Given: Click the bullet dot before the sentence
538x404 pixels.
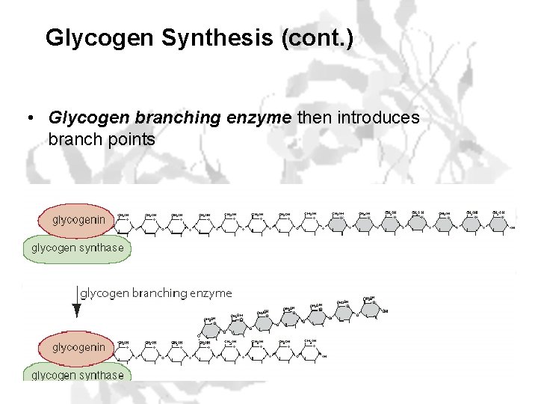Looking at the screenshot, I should (x=28, y=118).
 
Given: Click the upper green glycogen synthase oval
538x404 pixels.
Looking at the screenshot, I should (x=78, y=248).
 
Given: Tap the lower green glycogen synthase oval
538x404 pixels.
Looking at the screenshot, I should (x=78, y=373).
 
